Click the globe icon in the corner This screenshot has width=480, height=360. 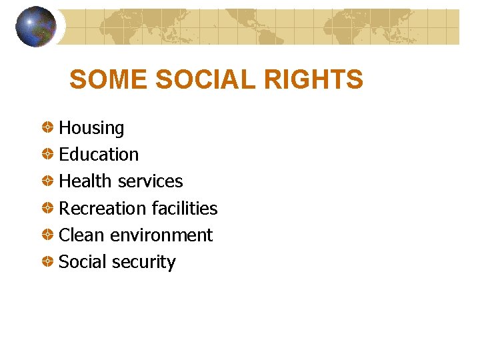[x=36, y=27]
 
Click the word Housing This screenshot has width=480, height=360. [x=91, y=128]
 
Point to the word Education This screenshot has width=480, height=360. [x=99, y=155]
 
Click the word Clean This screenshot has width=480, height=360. [x=82, y=235]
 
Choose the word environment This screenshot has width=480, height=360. [x=161, y=235]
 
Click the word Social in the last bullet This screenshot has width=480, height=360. [x=83, y=262]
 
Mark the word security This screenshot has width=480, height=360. [x=143, y=263]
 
